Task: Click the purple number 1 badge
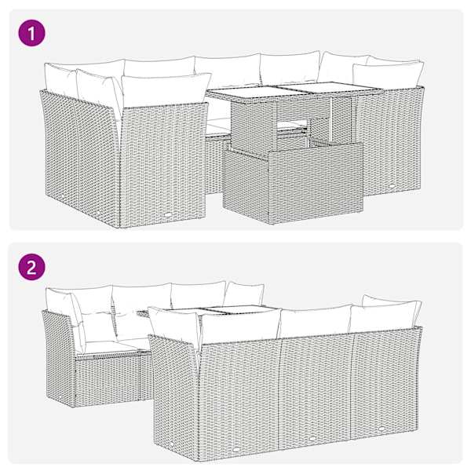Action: [32, 33]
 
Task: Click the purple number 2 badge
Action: [32, 267]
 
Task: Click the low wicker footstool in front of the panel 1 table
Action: [293, 182]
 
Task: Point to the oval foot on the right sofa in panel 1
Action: [392, 186]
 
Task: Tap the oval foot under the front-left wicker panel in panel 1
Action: [168, 214]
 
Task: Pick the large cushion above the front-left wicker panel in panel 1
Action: [166, 90]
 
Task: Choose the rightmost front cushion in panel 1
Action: [388, 75]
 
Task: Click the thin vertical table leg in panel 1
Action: [331, 119]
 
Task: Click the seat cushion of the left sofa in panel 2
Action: [108, 347]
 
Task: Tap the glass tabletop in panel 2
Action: [210, 310]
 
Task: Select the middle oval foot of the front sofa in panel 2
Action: [312, 439]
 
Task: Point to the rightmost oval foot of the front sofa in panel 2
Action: [382, 429]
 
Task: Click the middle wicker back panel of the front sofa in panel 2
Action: [316, 392]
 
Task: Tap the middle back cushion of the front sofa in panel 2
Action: [316, 321]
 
